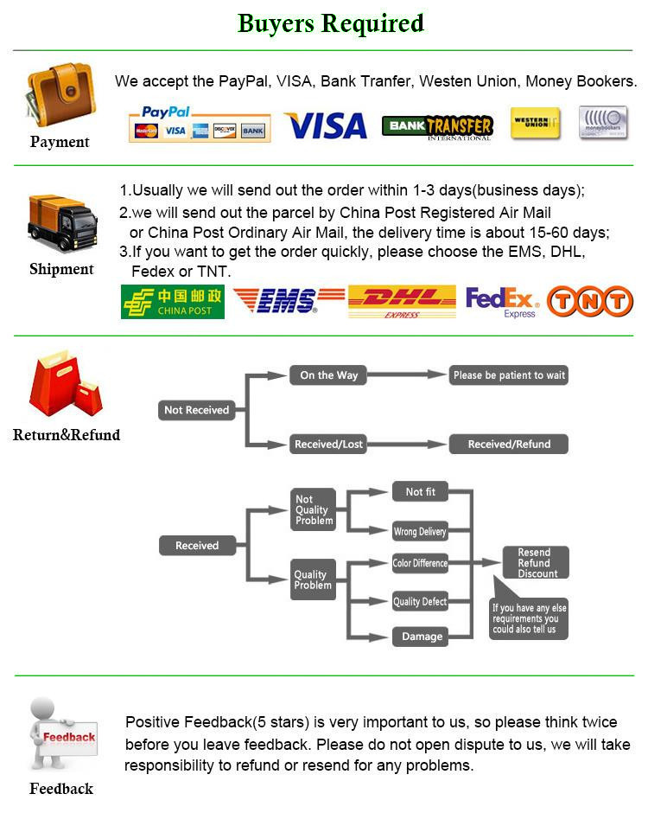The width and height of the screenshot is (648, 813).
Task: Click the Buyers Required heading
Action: (x=331, y=23)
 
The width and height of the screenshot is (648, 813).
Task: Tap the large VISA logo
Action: (x=325, y=126)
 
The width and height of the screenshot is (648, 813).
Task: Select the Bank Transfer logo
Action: (x=437, y=127)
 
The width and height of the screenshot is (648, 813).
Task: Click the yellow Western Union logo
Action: (x=535, y=124)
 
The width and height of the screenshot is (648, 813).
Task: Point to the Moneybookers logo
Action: (x=603, y=123)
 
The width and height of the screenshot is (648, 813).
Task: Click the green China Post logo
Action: (x=173, y=302)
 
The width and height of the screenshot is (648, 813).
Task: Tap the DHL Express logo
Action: (x=402, y=302)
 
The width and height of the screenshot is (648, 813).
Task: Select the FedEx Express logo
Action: (x=502, y=302)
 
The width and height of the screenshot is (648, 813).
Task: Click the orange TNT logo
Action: (x=590, y=301)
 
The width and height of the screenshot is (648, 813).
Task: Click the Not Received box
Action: (x=197, y=410)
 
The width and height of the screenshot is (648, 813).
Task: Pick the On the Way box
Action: (x=328, y=375)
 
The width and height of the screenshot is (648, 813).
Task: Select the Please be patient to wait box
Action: (x=509, y=375)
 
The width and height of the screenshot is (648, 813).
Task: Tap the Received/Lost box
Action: (x=328, y=445)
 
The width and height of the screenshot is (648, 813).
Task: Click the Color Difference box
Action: (x=420, y=563)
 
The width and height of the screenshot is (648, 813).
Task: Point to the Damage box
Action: (x=421, y=637)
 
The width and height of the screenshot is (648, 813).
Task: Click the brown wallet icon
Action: (x=60, y=94)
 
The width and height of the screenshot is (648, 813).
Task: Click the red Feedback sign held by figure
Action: (x=69, y=738)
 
